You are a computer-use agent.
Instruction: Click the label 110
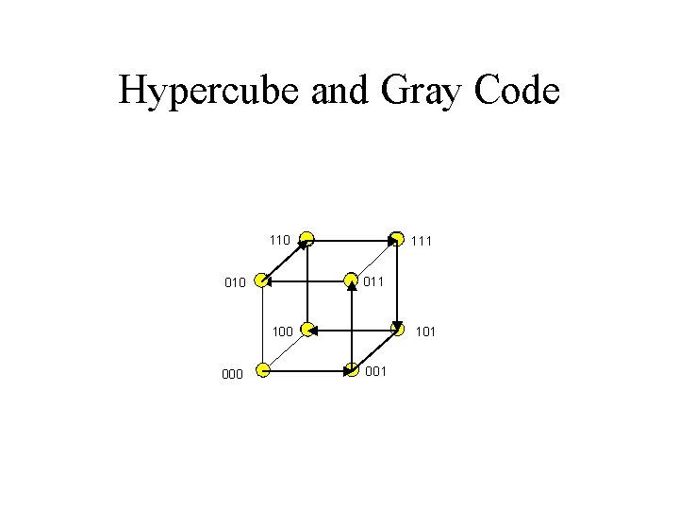click(x=279, y=240)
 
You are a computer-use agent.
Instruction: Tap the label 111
click(x=422, y=242)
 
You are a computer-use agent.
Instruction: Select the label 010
click(x=235, y=282)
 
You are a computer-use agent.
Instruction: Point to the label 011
click(x=374, y=280)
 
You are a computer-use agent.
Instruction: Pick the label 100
click(x=282, y=332)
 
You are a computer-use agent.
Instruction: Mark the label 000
click(x=232, y=374)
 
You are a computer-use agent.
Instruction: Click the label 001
click(x=376, y=371)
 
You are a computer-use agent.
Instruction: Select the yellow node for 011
click(x=352, y=280)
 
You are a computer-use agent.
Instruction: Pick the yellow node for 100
click(x=306, y=330)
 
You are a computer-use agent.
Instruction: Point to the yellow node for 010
click(x=261, y=280)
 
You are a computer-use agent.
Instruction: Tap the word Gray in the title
click(x=416, y=92)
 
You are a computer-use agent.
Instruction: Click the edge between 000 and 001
click(x=306, y=369)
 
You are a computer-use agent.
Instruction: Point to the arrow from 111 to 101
click(x=397, y=283)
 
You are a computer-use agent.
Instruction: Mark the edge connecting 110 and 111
click(x=351, y=236)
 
